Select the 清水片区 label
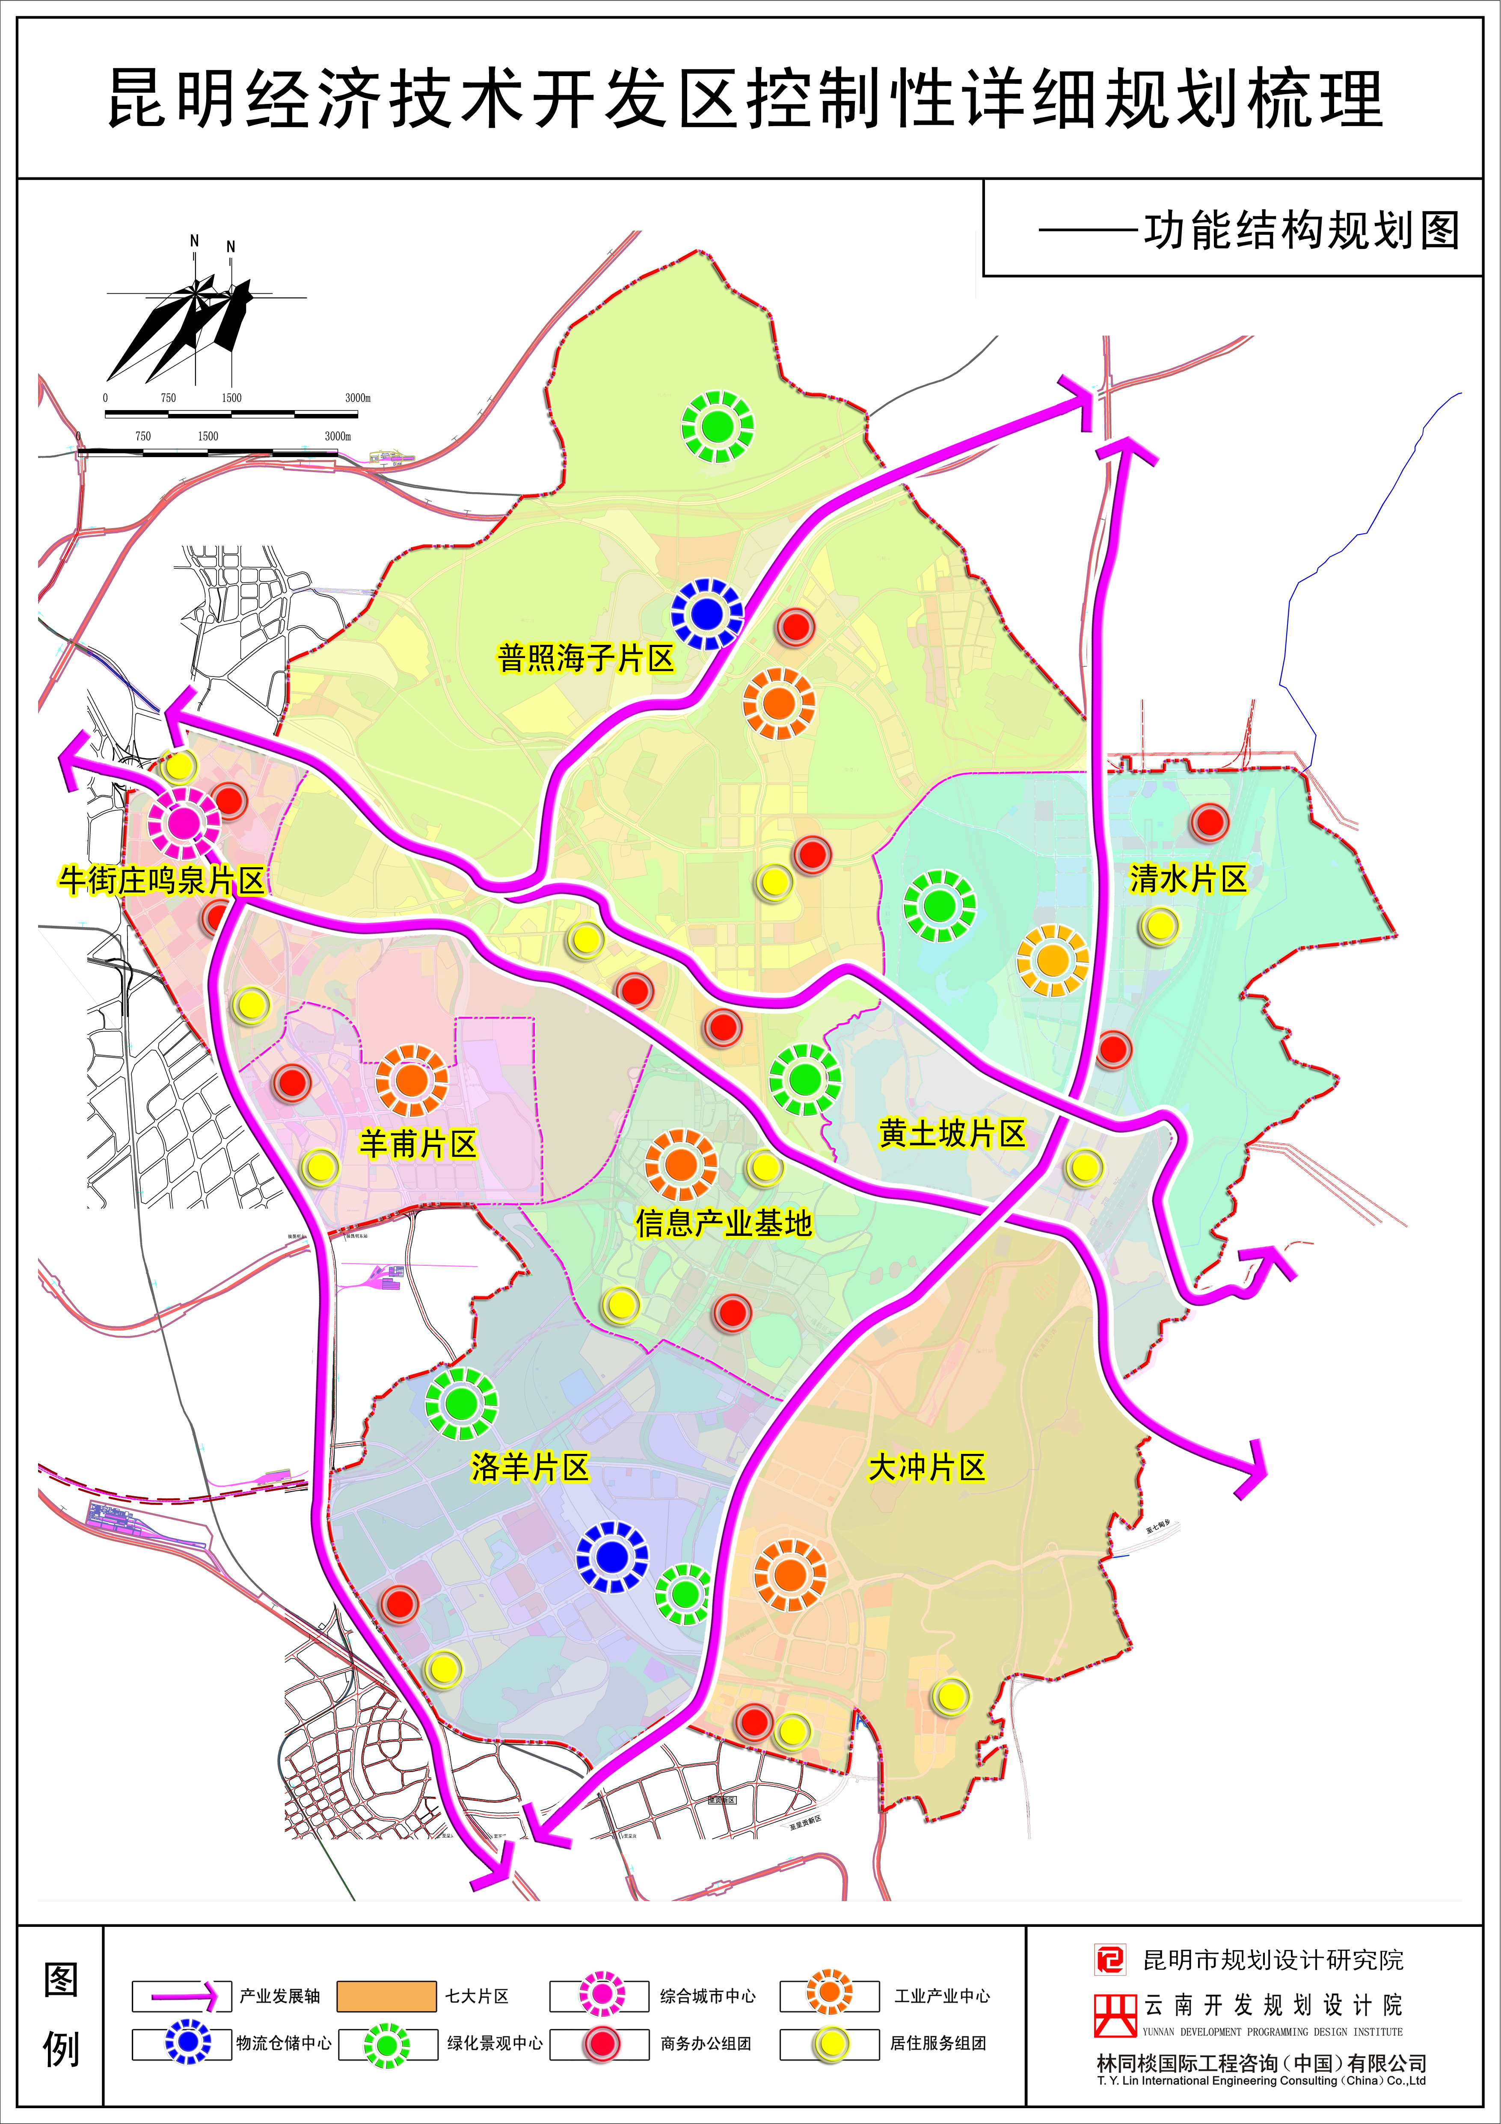[1188, 879]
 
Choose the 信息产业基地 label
[724, 1224]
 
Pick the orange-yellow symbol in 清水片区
[1052, 960]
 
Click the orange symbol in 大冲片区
[789, 1574]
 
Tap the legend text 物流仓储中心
[283, 2043]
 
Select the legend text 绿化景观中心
[495, 2043]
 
